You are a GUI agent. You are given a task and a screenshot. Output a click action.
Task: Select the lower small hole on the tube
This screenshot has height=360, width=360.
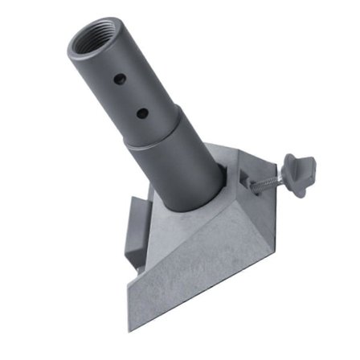tap(142, 112)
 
